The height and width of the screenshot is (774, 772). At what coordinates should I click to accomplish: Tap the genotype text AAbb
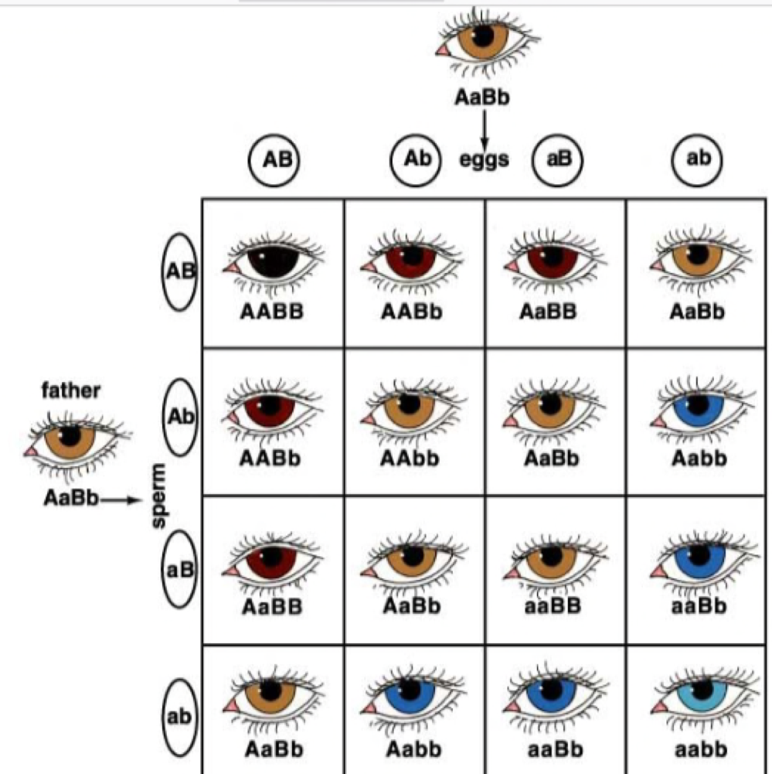click(410, 459)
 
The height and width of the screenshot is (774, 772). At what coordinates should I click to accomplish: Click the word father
click(70, 390)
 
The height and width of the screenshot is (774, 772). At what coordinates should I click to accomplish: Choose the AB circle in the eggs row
click(273, 160)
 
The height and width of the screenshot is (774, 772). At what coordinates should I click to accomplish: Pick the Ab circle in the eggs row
click(417, 159)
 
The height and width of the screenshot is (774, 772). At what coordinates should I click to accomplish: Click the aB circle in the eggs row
click(557, 160)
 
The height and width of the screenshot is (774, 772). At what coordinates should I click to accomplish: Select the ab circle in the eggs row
click(697, 159)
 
